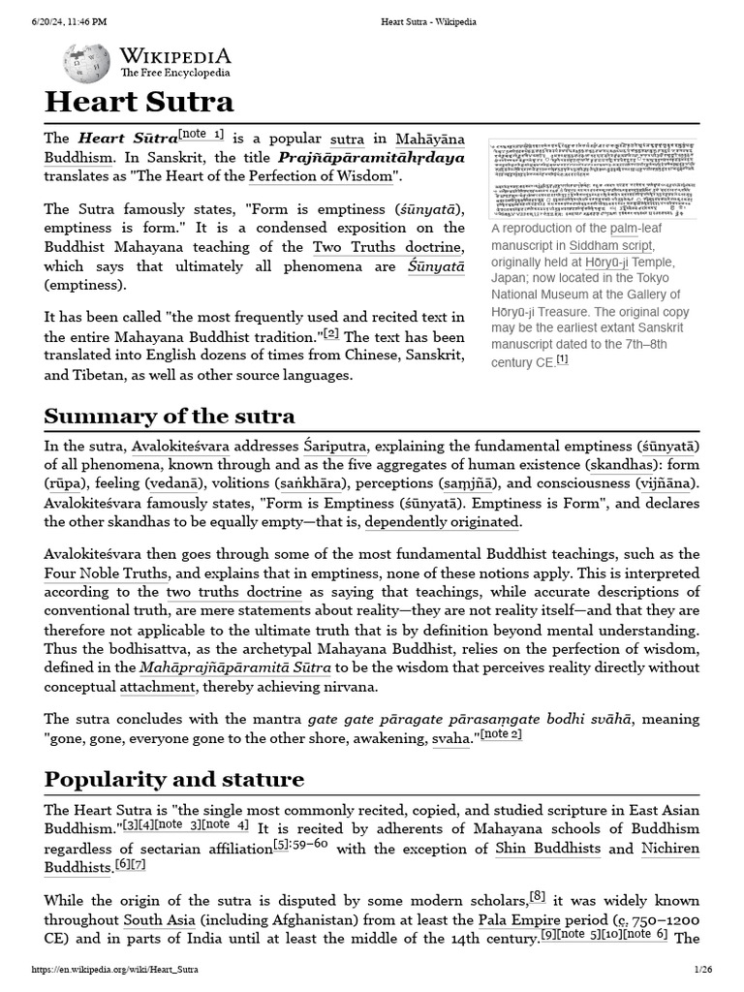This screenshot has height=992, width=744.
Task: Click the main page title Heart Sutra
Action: pyautogui.click(x=139, y=102)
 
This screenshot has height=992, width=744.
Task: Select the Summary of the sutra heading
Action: pyautogui.click(x=170, y=417)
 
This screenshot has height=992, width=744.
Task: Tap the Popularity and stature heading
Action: pyautogui.click(x=174, y=779)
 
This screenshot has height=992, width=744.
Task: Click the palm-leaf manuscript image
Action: pyautogui.click(x=592, y=174)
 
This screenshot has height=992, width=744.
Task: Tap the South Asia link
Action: pyautogui.click(x=159, y=919)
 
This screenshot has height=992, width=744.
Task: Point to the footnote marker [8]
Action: pyautogui.click(x=538, y=896)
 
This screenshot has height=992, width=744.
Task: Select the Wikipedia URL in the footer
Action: pyautogui.click(x=121, y=970)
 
